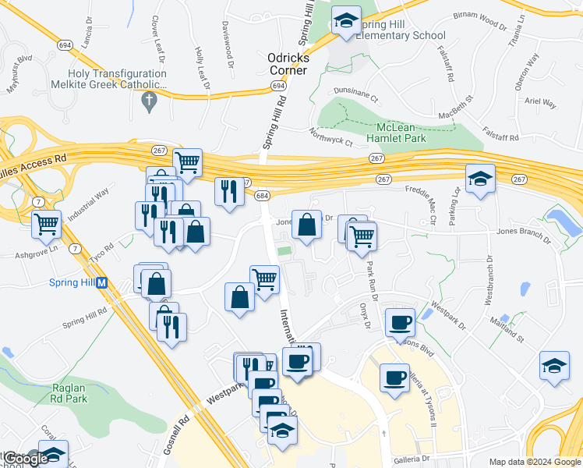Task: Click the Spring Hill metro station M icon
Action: point(101,283)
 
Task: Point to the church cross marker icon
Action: point(150,100)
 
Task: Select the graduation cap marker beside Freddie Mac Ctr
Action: point(480,179)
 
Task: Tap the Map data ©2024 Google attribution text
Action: point(535,462)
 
